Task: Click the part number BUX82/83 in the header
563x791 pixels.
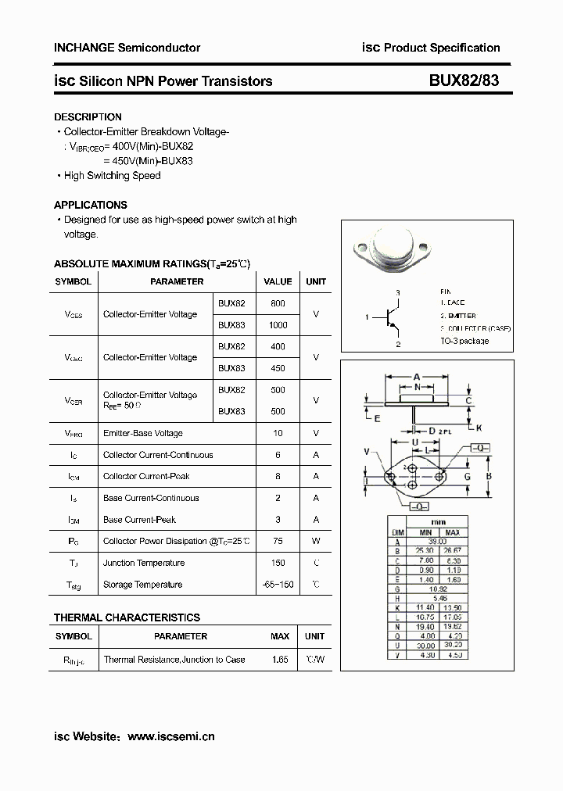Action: pos(464,81)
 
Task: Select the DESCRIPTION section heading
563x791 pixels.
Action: pos(88,116)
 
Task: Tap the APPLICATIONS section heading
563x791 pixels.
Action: pos(91,205)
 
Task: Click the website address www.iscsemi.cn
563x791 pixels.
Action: pos(170,736)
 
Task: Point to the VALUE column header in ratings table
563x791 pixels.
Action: pos(278,281)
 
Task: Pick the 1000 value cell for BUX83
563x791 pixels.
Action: pos(278,324)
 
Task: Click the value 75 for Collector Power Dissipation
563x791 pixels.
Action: pos(278,541)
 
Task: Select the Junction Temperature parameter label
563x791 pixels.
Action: pos(144,563)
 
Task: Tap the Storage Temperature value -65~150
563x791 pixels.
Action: pos(278,585)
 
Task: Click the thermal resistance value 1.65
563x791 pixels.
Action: pos(280,660)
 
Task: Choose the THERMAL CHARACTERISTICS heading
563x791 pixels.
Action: pos(127,617)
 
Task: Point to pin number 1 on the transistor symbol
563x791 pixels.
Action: pos(367,317)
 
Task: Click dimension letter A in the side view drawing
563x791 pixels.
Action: pos(417,376)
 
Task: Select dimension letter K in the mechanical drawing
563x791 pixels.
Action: pos(479,428)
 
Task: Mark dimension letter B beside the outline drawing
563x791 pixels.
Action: pos(489,476)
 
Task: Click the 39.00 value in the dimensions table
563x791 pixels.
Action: pos(437,541)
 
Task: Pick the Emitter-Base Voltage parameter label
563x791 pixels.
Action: pos(143,433)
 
